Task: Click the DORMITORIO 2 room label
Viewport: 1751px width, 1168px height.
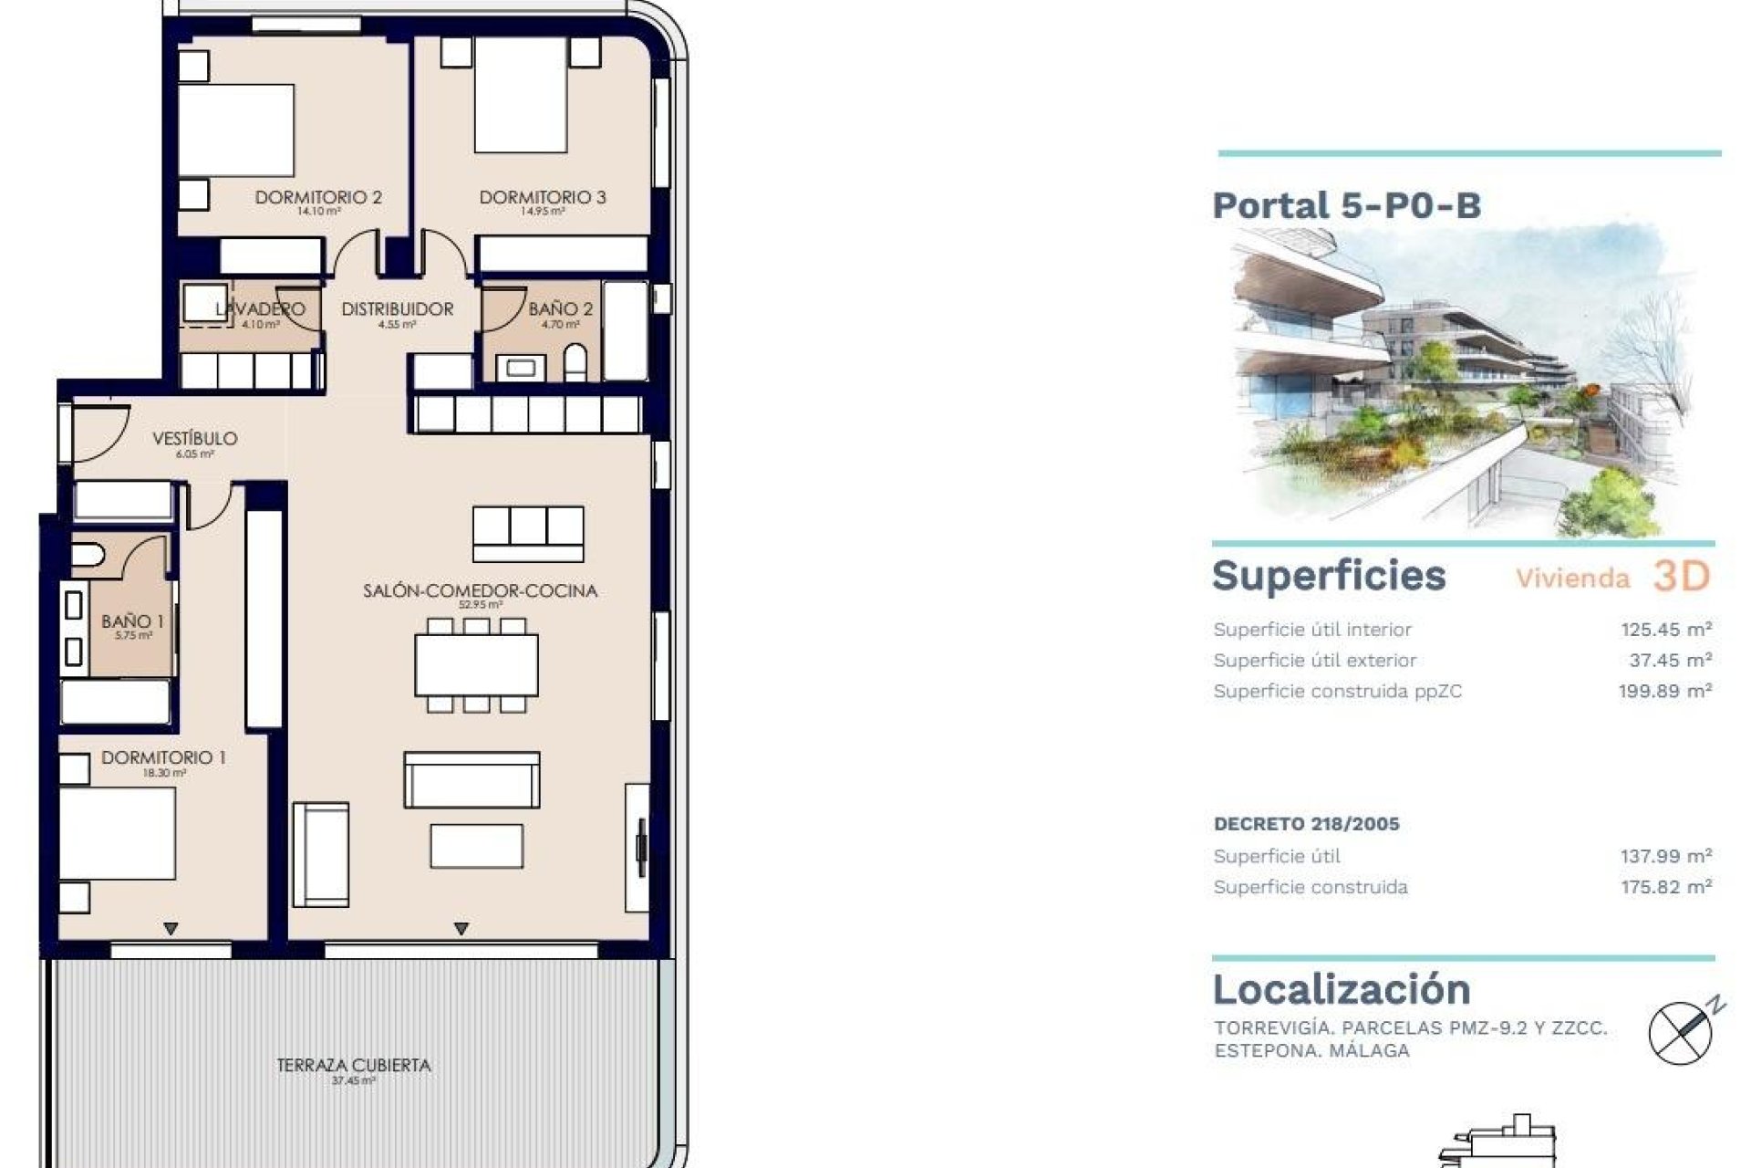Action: (317, 197)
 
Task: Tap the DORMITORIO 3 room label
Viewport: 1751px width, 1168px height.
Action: (542, 197)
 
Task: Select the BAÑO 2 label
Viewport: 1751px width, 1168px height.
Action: (560, 309)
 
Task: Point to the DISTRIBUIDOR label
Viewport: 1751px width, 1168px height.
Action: (397, 309)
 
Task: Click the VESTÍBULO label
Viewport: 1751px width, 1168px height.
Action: (194, 439)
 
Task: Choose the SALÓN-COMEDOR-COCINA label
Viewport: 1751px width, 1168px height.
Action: (480, 590)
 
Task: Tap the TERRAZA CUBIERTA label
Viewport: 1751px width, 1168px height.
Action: (353, 1065)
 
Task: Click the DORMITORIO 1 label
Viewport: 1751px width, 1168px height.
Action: (163, 757)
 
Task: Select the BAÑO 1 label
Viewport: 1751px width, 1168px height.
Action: (132, 621)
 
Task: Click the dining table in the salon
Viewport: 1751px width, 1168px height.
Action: (476, 665)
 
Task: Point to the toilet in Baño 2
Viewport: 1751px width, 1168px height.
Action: (575, 363)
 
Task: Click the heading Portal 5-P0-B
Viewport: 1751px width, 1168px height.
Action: (1346, 205)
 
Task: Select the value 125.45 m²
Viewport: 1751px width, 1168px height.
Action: (1665, 629)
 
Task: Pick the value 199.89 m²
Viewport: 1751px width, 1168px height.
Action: (1664, 691)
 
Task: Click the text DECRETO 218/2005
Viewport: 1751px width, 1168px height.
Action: (1306, 824)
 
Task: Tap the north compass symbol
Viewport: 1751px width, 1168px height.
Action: (1682, 1031)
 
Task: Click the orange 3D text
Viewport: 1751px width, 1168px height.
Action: (1680, 576)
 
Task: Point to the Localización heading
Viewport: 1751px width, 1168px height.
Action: (1341, 989)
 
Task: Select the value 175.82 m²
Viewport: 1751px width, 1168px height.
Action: (1665, 887)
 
